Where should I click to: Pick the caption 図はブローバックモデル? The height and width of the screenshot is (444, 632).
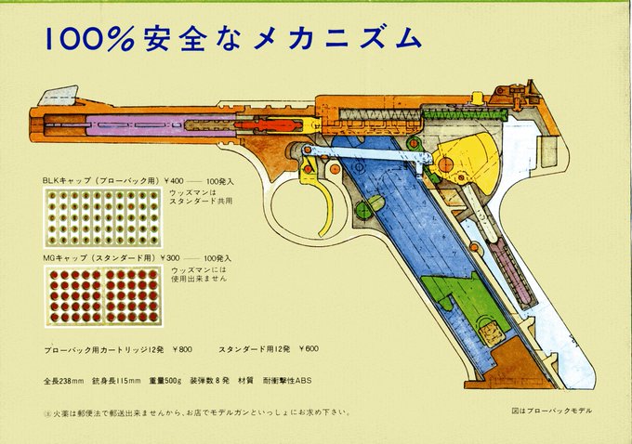coord(550,411)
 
